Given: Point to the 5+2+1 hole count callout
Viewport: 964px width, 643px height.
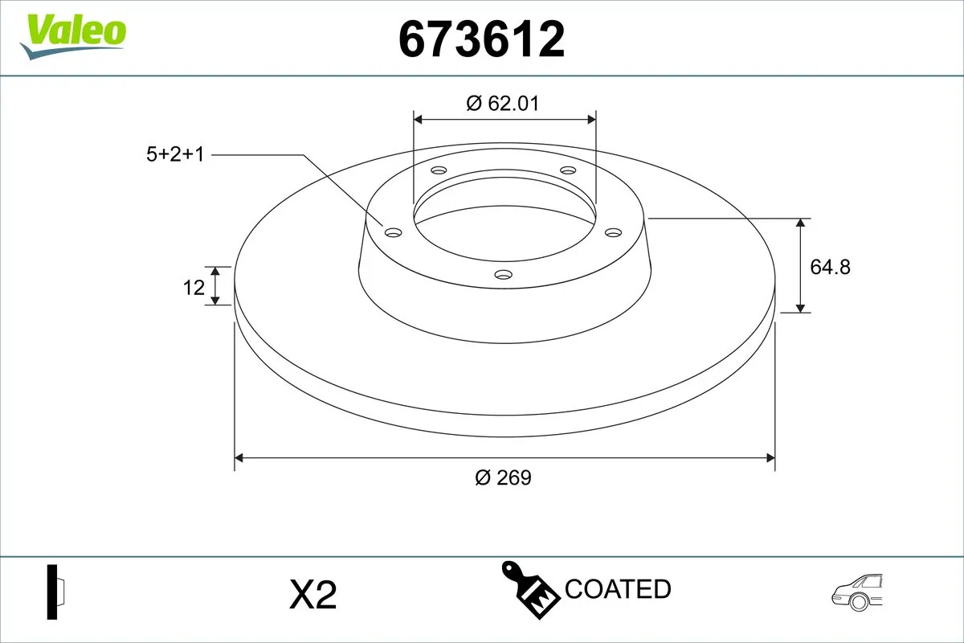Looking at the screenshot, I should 175,154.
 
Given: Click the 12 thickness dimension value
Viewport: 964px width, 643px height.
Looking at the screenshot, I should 194,287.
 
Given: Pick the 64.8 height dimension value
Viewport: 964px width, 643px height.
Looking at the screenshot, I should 830,267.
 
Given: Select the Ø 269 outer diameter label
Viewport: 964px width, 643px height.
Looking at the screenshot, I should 503,477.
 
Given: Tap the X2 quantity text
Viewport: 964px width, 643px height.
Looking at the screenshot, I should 312,596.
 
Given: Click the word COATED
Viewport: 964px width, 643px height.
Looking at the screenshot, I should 618,589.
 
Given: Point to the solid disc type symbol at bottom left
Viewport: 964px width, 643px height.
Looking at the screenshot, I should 55,592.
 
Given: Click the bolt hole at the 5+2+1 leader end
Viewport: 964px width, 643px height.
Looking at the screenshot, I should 393,232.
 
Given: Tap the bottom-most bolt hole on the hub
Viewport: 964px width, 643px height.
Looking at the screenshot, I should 503,275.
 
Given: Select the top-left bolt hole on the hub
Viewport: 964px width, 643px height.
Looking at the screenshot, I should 438,170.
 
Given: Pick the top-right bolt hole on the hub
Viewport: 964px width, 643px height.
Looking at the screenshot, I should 568,170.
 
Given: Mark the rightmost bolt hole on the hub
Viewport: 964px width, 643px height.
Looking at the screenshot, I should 614,232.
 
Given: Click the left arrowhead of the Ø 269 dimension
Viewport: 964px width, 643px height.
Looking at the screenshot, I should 239,458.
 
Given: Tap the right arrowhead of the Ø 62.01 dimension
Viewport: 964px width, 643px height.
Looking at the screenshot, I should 592,120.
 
